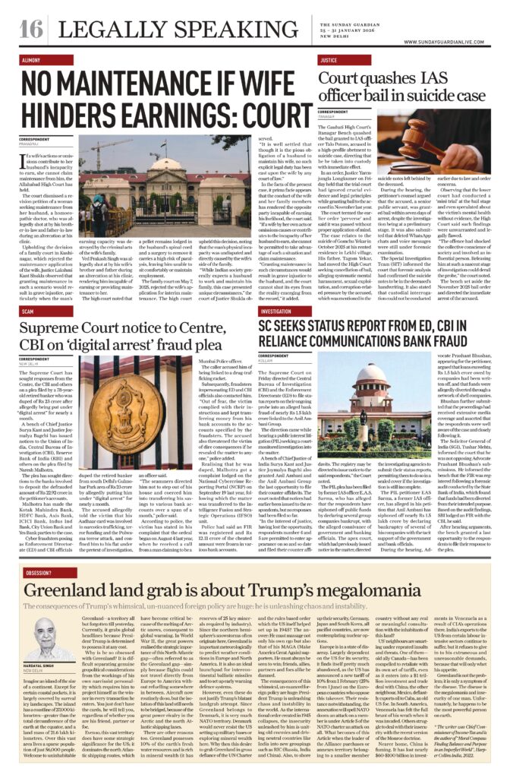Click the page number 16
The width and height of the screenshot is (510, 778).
pyautogui.click(x=31, y=29)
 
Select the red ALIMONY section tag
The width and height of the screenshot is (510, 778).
pyautogui.click(x=32, y=59)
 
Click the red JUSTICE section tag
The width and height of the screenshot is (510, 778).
pyautogui.click(x=329, y=59)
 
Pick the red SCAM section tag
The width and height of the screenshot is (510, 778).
pyautogui.click(x=27, y=311)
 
